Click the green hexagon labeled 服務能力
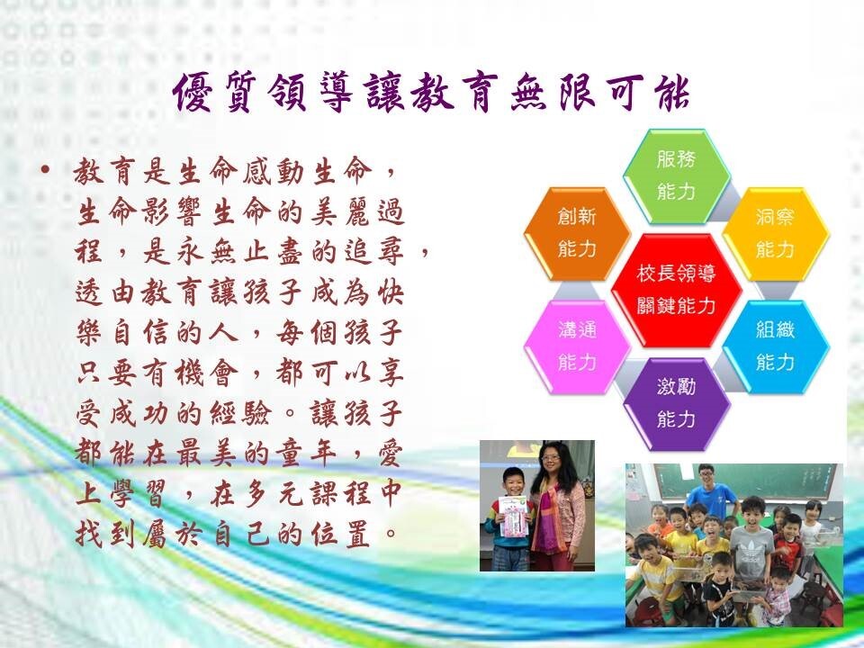(x=676, y=176)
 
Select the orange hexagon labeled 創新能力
(x=577, y=233)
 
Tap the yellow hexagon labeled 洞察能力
(x=775, y=233)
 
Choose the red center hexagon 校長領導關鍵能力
(x=676, y=290)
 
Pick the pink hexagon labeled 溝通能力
(x=577, y=346)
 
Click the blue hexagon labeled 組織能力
(x=775, y=346)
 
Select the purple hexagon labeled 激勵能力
(x=676, y=403)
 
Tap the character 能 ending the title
(x=670, y=92)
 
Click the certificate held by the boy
(x=513, y=516)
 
